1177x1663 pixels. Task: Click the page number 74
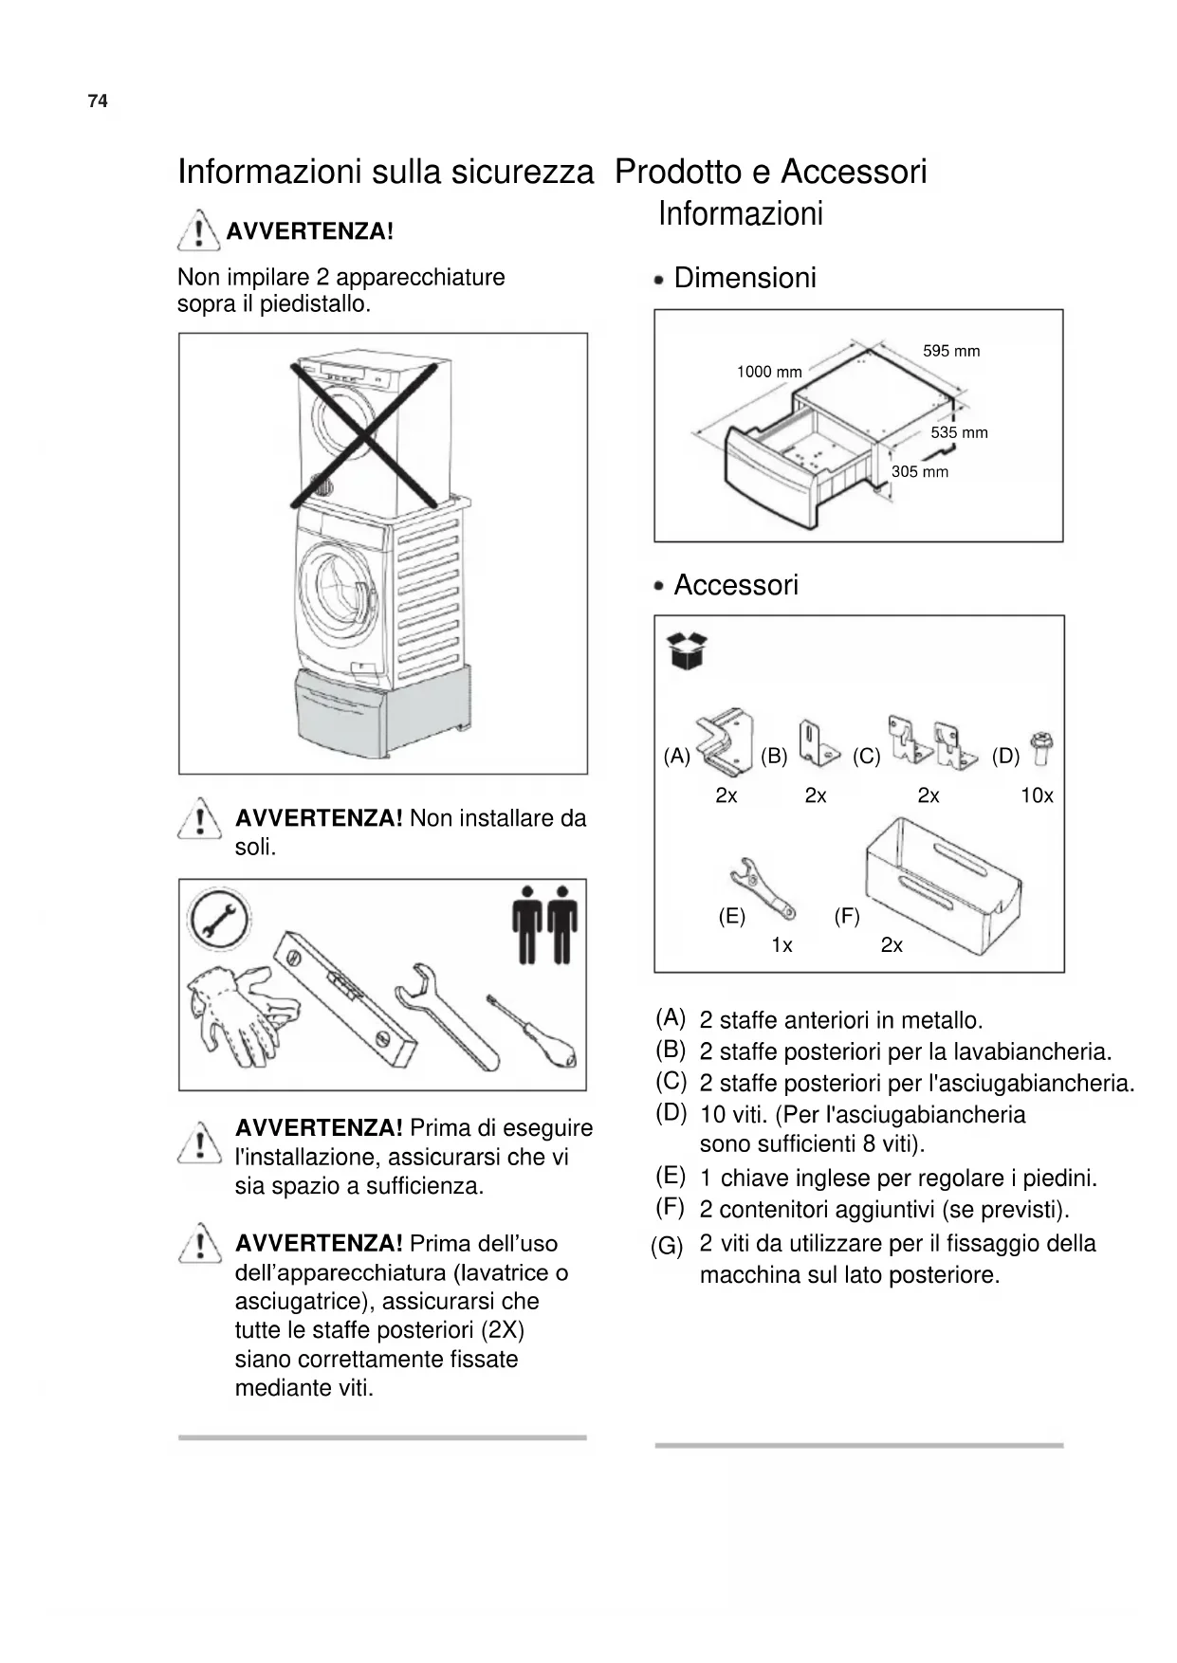[98, 101]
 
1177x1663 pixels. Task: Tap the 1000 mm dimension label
[769, 372]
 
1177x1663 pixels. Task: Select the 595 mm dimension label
[951, 351]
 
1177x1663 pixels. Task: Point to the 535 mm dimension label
[959, 432]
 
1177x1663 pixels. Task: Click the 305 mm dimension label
[919, 471]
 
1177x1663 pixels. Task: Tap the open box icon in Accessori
[688, 650]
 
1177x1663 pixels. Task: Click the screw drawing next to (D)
[1039, 749]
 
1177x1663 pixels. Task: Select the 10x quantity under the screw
[1037, 795]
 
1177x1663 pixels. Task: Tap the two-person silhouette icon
[545, 923]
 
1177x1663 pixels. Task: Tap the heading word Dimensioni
[745, 278]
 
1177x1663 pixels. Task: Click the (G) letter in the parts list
[667, 1246]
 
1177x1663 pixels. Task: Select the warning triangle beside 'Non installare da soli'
[200, 817]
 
